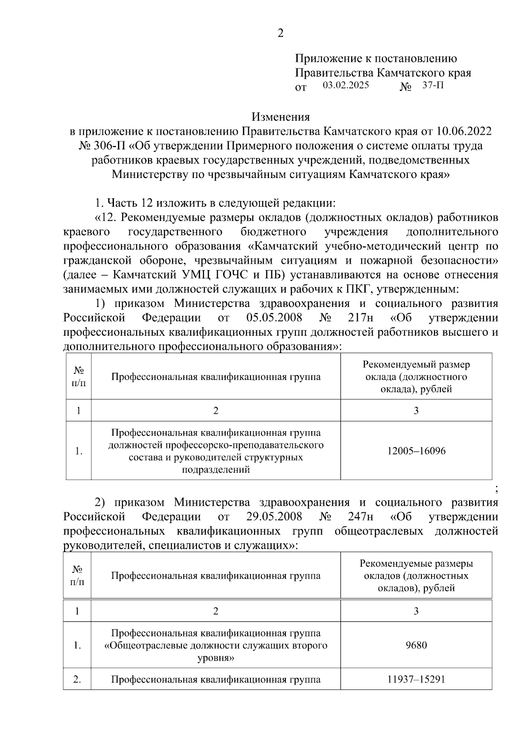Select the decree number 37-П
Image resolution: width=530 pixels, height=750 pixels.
433,85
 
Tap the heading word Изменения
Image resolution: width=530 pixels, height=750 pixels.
280,117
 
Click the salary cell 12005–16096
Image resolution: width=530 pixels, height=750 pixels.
416,451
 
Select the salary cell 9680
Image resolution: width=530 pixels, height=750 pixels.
416,645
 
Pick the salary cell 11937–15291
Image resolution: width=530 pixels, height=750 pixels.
416,679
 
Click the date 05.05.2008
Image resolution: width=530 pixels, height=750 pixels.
274,318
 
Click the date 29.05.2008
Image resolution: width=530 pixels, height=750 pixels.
274,517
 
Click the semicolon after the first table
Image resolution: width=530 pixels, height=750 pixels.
496,489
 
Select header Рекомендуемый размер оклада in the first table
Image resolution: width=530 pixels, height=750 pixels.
416,377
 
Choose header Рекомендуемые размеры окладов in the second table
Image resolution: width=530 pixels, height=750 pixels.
416,576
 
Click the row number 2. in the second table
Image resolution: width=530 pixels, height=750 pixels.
77,679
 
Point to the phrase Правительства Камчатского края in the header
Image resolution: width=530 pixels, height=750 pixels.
383,72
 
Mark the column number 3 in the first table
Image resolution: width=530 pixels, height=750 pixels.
416,410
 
